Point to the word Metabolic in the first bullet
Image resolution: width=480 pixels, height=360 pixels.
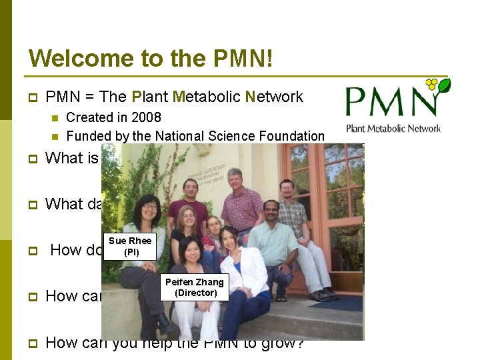coord(206,97)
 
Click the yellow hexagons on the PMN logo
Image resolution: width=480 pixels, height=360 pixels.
coord(432,85)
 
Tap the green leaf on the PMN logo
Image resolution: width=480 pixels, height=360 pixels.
coord(443,85)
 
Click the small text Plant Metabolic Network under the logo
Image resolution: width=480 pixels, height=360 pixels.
coord(393,128)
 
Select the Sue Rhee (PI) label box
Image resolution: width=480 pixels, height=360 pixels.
coord(131,246)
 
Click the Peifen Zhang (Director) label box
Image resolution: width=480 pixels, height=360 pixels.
coord(195,287)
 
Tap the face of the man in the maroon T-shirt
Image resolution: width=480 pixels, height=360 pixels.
coord(191,189)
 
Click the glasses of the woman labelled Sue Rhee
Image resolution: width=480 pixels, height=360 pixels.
coord(149,207)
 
